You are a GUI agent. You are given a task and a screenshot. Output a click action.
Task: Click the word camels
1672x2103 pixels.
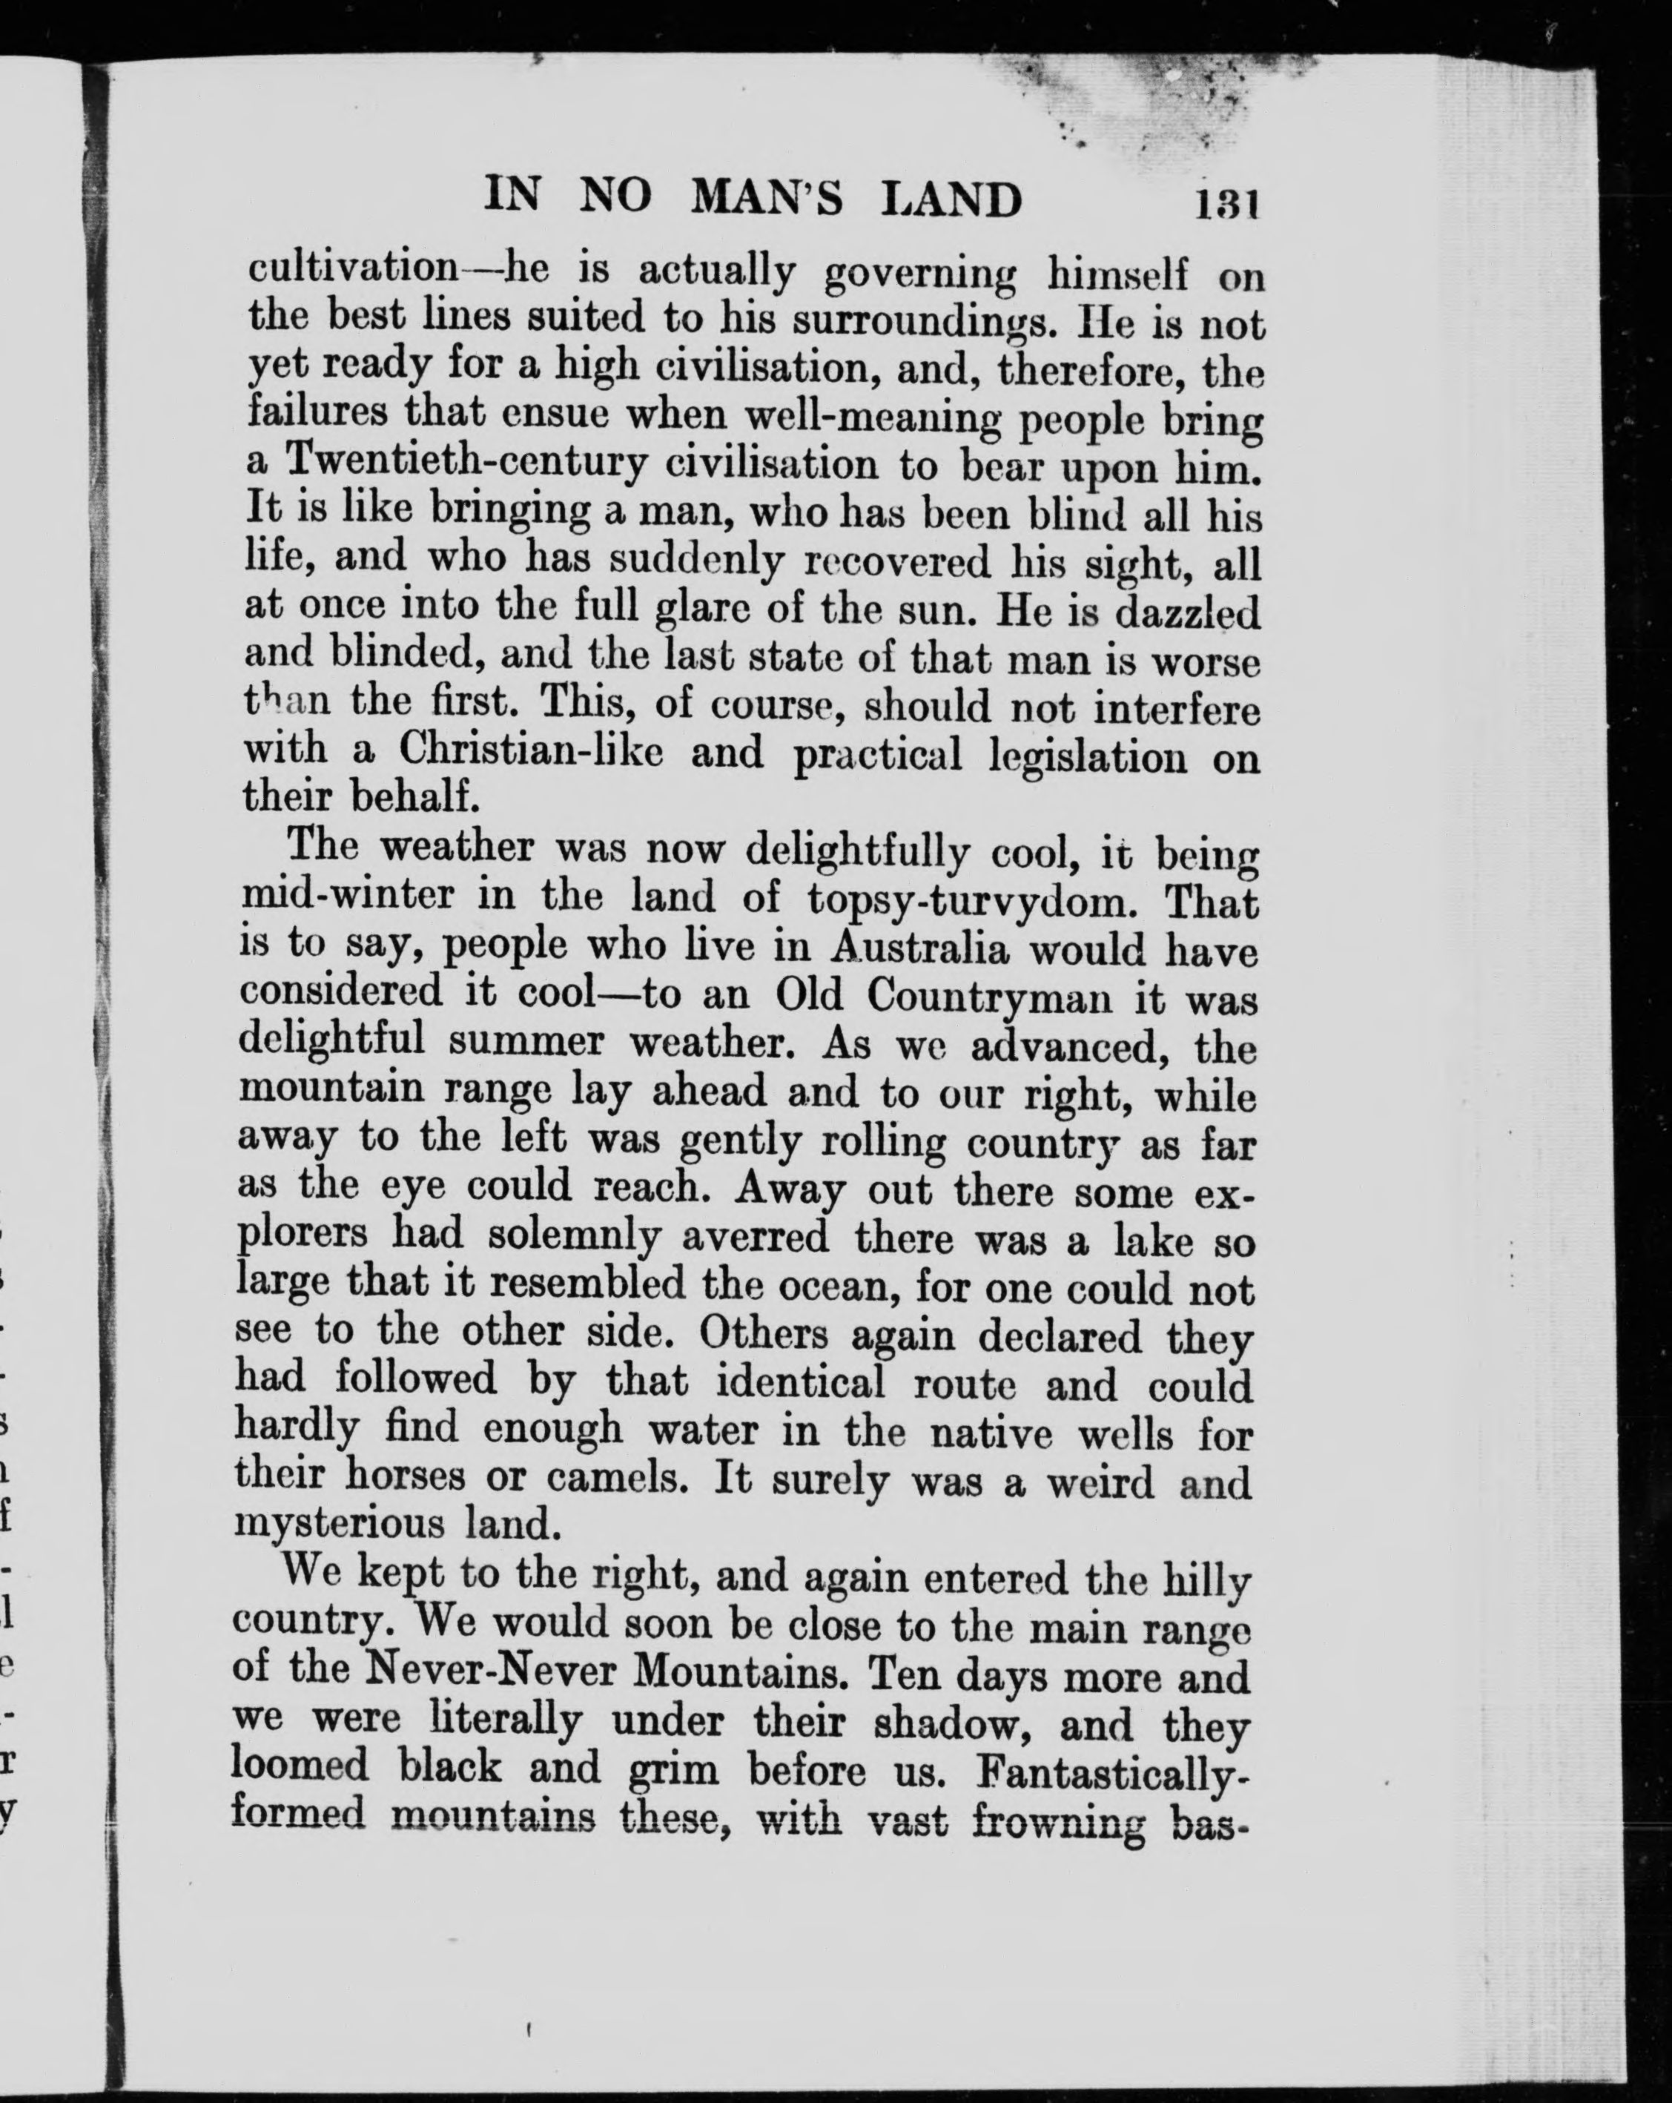click(618, 1479)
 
